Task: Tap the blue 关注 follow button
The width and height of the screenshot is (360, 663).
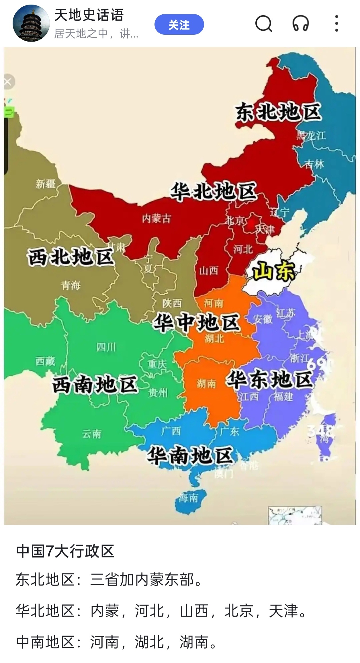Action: point(179,24)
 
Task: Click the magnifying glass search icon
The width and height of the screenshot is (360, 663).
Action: point(263,24)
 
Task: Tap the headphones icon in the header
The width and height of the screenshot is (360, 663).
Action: point(300,24)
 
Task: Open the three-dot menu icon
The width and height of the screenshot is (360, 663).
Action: point(336,24)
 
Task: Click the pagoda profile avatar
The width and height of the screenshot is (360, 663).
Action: point(31,23)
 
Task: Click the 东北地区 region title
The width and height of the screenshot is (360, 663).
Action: point(278,112)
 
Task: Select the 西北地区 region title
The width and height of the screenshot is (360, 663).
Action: point(71,257)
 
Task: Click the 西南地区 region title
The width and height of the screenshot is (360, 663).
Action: point(95,384)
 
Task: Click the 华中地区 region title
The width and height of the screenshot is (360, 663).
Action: point(196,323)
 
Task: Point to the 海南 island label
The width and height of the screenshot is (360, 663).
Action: point(188,498)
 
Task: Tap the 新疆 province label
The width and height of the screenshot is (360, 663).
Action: point(45,184)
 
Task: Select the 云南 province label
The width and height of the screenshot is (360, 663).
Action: point(92,434)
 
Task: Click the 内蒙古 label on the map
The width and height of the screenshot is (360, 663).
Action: point(156,219)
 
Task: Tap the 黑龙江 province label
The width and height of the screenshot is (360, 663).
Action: point(311,135)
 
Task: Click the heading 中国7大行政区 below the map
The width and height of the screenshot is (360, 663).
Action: point(65,551)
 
